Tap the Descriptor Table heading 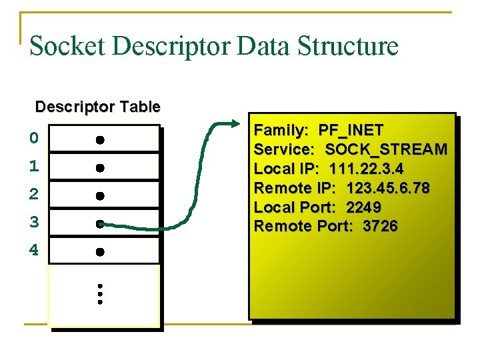(x=97, y=107)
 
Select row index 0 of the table (x=34, y=139)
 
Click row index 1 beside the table (x=34, y=167)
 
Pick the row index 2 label (x=34, y=195)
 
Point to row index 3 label (x=34, y=223)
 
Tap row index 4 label (x=34, y=251)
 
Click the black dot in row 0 (x=99, y=140)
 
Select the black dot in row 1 (x=99, y=168)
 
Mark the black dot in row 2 (x=99, y=196)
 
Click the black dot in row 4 (x=99, y=252)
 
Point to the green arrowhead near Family (x=233, y=124)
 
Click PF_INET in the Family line (x=351, y=130)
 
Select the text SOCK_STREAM (x=386, y=149)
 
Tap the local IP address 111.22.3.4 (x=366, y=169)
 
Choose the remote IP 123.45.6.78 (x=388, y=188)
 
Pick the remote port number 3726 (x=380, y=227)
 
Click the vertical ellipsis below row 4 (x=99, y=293)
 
